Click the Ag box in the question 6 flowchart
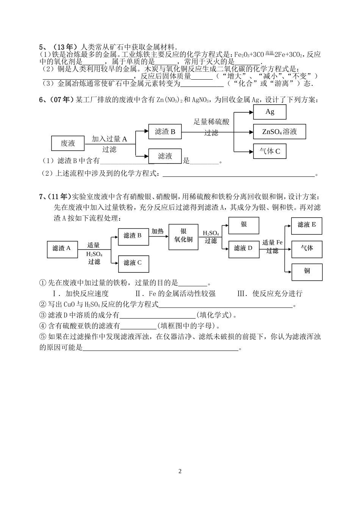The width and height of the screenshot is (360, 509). [x=269, y=112]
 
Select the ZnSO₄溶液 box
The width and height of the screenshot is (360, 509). [x=279, y=132]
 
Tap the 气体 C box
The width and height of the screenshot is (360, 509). [x=269, y=151]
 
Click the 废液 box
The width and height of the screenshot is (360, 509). [x=68, y=143]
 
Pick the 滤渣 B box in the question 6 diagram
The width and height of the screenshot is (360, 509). [x=165, y=132]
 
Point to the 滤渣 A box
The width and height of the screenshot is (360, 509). [x=61, y=248]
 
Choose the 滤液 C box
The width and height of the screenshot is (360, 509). [x=133, y=262]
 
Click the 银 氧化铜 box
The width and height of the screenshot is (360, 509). [x=183, y=236]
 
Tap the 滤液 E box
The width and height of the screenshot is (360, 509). [x=307, y=225]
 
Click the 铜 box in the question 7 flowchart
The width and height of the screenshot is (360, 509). [x=307, y=271]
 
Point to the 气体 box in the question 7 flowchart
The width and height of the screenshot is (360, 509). [x=307, y=248]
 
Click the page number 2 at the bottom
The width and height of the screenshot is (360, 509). [x=180, y=471]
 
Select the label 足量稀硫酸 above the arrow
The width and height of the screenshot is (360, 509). [x=211, y=122]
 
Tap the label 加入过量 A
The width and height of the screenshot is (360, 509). [x=109, y=139]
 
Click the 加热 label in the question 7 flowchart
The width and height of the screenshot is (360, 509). [x=157, y=231]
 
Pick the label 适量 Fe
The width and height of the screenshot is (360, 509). [x=272, y=242]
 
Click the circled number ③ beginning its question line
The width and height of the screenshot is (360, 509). [x=43, y=315]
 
